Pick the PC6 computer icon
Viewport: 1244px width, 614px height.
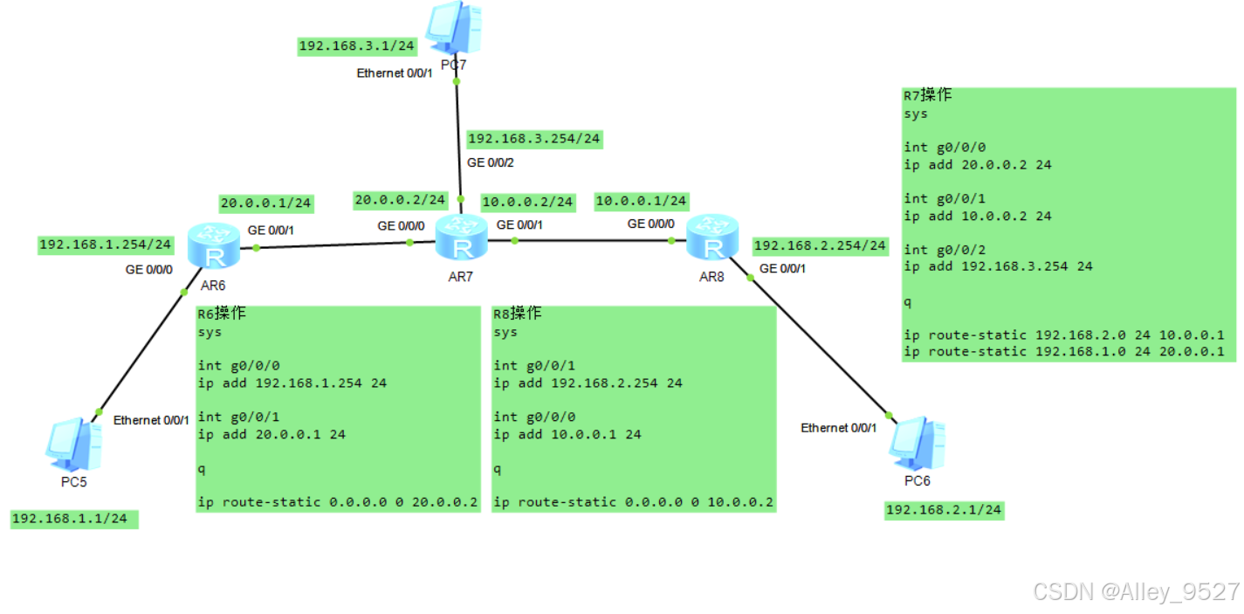(x=917, y=444)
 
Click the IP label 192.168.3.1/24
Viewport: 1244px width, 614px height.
(x=357, y=46)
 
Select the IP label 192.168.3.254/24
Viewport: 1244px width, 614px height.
(x=534, y=138)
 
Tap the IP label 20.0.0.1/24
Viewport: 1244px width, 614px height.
(x=266, y=203)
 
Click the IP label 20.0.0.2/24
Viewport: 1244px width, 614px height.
(x=401, y=200)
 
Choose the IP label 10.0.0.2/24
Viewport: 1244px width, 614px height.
(x=527, y=202)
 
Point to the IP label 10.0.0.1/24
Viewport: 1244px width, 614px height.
(x=641, y=201)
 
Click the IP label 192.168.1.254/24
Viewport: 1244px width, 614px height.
(x=106, y=245)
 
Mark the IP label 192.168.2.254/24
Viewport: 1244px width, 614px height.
(x=820, y=245)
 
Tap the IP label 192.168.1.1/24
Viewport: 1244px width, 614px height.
(x=74, y=519)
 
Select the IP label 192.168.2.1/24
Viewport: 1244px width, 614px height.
(x=944, y=510)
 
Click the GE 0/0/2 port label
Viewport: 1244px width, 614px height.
(x=491, y=162)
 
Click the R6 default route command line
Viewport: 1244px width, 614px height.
(x=338, y=502)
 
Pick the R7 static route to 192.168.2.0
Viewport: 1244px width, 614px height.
(x=1064, y=335)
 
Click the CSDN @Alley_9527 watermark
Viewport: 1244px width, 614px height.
(x=1136, y=591)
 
